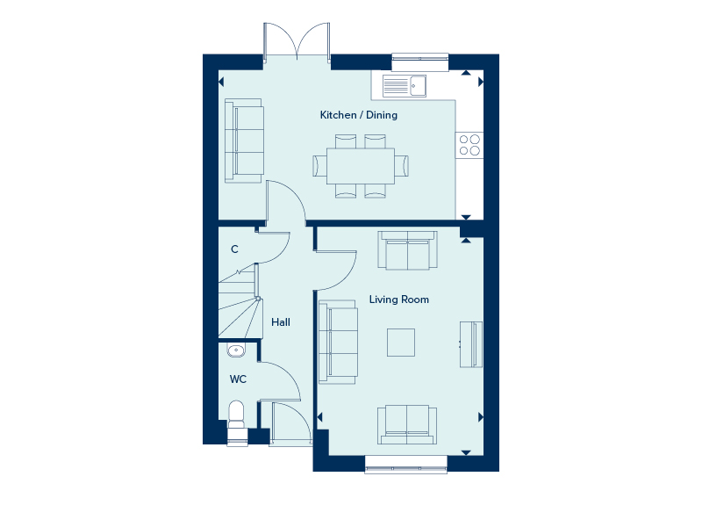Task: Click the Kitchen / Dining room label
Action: pos(359,115)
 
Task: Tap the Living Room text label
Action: pos(399,300)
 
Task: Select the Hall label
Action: pos(281,322)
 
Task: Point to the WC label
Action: pos(238,379)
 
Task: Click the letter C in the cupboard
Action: pos(234,249)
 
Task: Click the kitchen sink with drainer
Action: pos(405,85)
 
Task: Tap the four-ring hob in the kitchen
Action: pos(469,145)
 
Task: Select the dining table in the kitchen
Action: pos(361,166)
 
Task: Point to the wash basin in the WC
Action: pos(236,350)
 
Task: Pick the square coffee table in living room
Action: pos(401,343)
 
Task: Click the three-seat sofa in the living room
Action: pos(338,342)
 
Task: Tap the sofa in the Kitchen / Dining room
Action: pos(244,141)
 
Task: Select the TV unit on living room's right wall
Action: pos(471,344)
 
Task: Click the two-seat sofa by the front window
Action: pos(407,425)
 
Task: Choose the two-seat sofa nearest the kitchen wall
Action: pos(407,250)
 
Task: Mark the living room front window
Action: pos(406,464)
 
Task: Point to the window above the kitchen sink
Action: pos(420,61)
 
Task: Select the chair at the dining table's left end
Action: pos(319,166)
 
